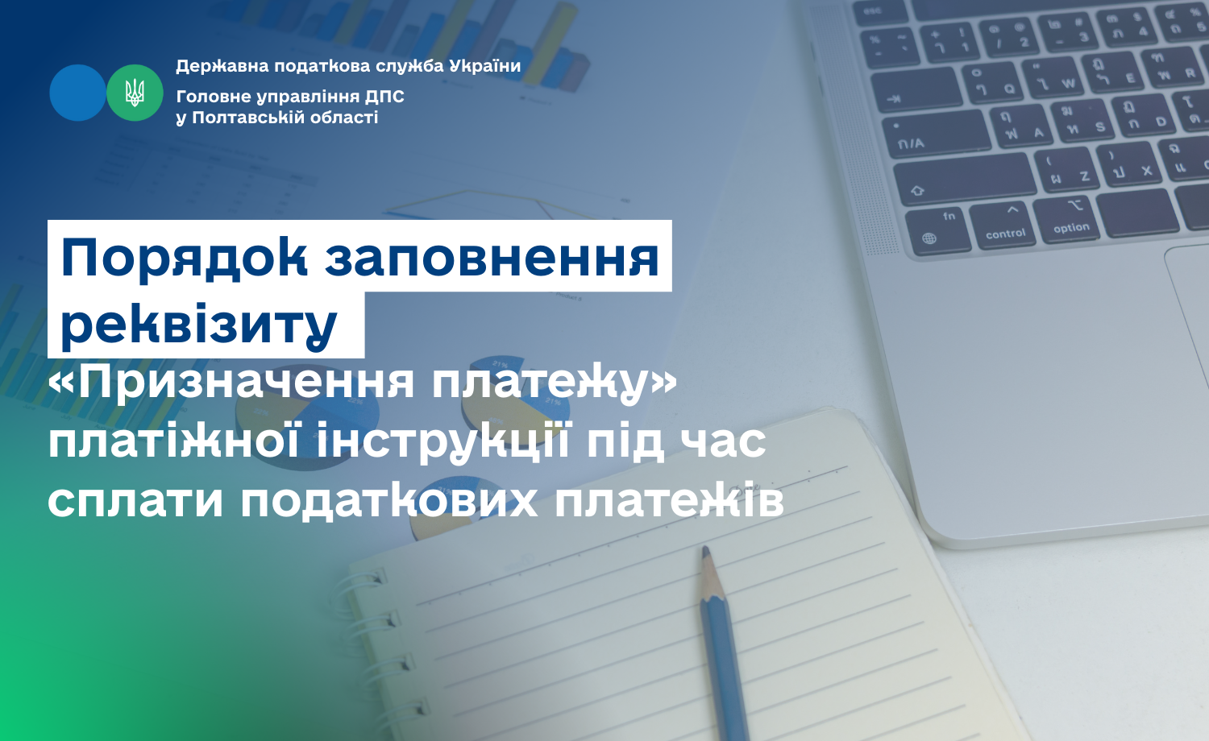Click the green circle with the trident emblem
pos(135,93)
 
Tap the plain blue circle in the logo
pos(77,93)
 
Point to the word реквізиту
pos(199,325)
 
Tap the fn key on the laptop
pos(938,231)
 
